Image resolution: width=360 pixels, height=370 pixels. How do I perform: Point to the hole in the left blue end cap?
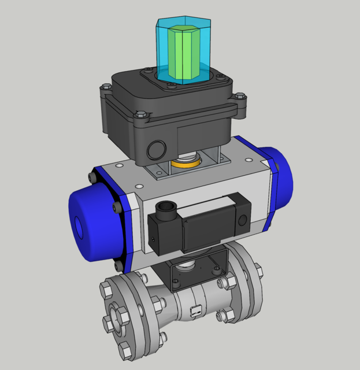point(79,227)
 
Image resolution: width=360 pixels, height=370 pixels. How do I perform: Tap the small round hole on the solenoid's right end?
point(242,219)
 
